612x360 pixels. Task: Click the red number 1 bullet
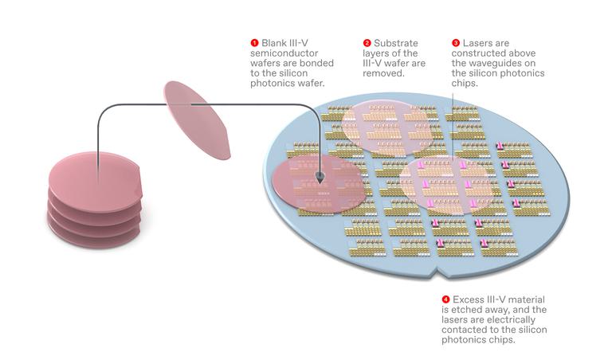coord(254,43)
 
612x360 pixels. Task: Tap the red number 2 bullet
coord(367,43)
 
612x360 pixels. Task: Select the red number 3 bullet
coord(456,43)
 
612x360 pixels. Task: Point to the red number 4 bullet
coord(445,299)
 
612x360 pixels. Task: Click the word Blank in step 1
coord(274,43)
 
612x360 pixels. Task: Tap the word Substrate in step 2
coord(396,43)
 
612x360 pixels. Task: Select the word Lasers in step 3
coord(476,43)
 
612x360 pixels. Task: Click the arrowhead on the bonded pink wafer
coord(320,179)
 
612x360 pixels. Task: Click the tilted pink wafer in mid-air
coord(197,120)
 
